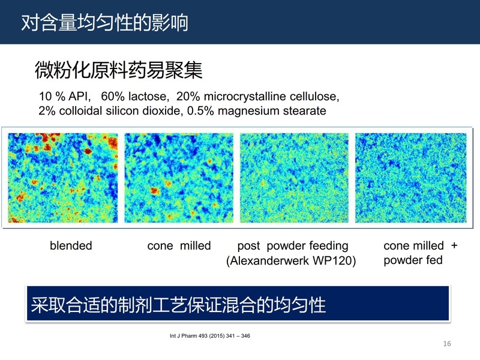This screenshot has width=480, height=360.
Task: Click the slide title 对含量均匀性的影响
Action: click(x=104, y=23)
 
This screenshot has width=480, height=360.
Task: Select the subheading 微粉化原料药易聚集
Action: click(x=118, y=70)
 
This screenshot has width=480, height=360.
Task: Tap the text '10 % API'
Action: click(x=65, y=97)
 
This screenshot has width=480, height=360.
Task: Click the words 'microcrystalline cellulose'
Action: click(x=272, y=97)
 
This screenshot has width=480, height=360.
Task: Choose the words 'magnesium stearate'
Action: click(x=272, y=111)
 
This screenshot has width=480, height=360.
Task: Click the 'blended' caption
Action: click(x=71, y=245)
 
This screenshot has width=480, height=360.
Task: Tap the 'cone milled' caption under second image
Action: click(x=179, y=245)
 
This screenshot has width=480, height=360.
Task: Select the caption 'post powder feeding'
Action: click(x=293, y=246)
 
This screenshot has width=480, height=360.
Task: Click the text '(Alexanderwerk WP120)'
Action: click(x=291, y=261)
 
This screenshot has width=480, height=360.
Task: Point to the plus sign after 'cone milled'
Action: click(x=454, y=245)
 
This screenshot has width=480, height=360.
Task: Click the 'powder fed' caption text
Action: click(x=413, y=260)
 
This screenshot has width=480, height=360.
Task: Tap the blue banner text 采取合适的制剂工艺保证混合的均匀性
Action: click(x=178, y=305)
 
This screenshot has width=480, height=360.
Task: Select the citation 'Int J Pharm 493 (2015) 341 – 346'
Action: click(x=210, y=336)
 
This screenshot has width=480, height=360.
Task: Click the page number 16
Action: click(x=447, y=344)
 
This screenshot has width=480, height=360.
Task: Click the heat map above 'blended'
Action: click(x=63, y=178)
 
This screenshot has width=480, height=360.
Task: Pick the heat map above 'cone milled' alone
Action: click(x=179, y=178)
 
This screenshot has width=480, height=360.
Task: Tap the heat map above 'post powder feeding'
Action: click(x=294, y=178)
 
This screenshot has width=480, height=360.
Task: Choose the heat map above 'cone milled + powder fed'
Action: click(x=411, y=178)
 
